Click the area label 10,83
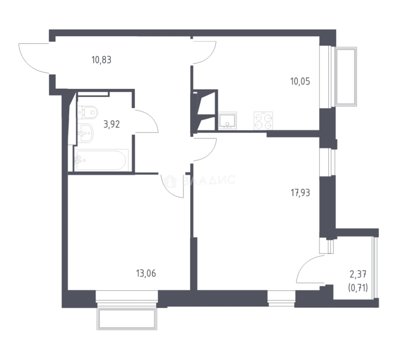pos(101,60)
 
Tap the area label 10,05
pos(300,81)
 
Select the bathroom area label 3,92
pos(112,124)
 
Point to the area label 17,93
pos(300,193)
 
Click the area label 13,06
pos(146,273)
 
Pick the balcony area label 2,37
pos(358,274)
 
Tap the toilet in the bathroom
pos(88,112)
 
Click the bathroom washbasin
pos(86,133)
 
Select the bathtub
pos(101,160)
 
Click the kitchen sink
pos(227,121)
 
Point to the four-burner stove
pos(263,121)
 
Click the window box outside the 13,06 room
pos(127,319)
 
